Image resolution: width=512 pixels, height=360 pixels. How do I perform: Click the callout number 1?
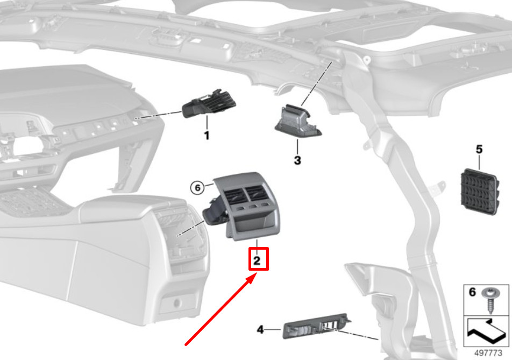207,135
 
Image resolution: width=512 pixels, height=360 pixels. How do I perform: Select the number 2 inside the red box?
257,260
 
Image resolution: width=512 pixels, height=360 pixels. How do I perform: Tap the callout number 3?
297,160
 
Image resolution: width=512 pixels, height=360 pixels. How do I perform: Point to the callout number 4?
260,329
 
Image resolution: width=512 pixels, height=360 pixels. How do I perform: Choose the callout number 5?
479,149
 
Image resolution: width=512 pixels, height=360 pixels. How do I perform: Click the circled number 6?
197,188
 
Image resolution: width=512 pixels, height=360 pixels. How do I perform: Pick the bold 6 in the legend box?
472,292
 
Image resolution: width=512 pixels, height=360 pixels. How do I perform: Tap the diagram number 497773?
488,353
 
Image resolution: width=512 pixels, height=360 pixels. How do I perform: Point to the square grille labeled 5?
480,192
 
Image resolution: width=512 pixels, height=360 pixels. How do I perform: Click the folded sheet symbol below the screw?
486,331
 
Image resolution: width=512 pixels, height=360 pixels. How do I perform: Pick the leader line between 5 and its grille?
479,163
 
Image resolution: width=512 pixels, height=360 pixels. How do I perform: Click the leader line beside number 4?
273,329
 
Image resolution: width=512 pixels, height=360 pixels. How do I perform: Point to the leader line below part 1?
207,123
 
